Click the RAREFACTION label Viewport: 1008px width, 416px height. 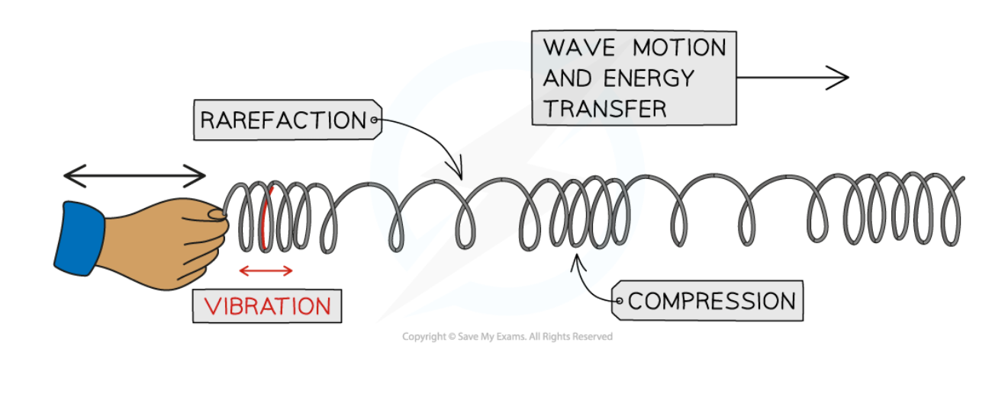coord(283,120)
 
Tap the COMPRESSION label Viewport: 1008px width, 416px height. coord(711,300)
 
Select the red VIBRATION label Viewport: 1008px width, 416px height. coord(267,306)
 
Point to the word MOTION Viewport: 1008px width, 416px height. coord(679,47)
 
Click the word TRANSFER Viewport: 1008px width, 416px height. coord(605,108)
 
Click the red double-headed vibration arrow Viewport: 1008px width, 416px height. coord(266,270)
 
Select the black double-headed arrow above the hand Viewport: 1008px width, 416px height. coord(134,177)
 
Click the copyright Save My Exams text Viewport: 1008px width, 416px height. coord(507,336)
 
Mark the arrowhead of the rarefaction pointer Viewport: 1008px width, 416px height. coord(459,174)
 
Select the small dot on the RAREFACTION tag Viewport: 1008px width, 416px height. coord(374,120)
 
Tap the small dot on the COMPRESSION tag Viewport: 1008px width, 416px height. coord(620,302)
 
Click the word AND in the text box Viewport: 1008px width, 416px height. coord(568,78)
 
